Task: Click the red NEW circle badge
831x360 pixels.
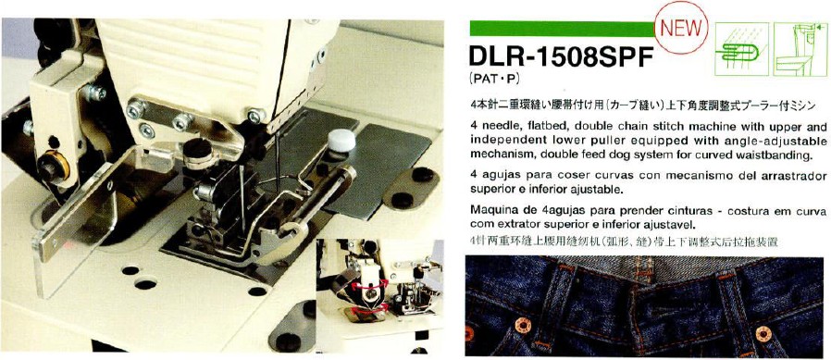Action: pyautogui.click(x=681, y=27)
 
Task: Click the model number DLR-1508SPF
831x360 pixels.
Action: pyautogui.click(x=559, y=57)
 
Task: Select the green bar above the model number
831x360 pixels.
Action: pyautogui.click(x=563, y=28)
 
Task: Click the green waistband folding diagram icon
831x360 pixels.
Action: pyautogui.click(x=741, y=48)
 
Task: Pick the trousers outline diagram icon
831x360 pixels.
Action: pyautogui.click(x=800, y=48)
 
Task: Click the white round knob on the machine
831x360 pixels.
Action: pyautogui.click(x=341, y=140)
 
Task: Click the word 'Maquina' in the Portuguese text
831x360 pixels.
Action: pyautogui.click(x=490, y=210)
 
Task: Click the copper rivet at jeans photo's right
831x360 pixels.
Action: pyautogui.click(x=763, y=334)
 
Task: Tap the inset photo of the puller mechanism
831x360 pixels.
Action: pyautogui.click(x=379, y=295)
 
